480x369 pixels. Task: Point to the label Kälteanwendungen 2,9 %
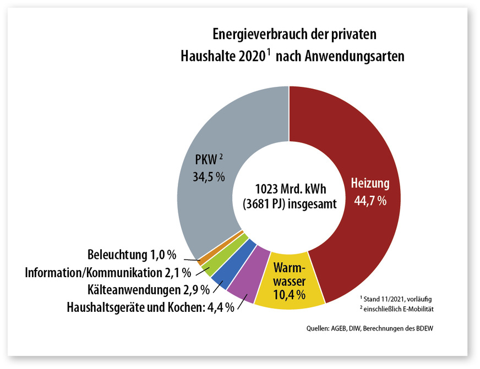(141, 289)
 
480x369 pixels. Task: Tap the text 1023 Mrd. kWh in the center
(288, 187)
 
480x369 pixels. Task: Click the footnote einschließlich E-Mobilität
(394, 309)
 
